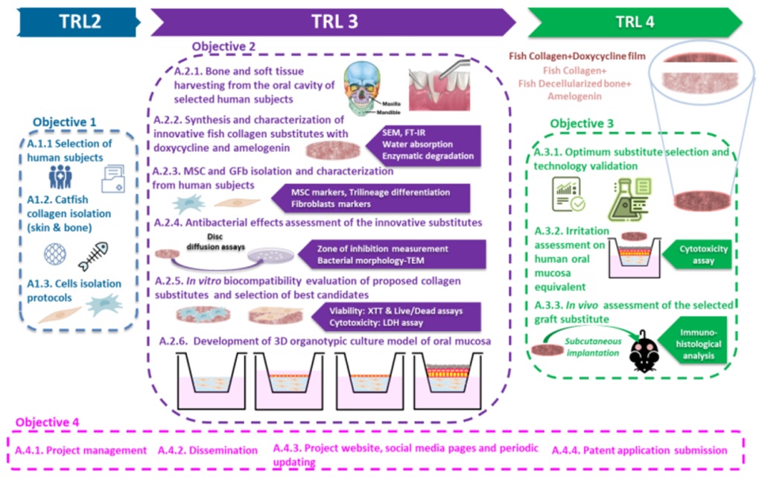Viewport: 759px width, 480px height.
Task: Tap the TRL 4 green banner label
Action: [635, 22]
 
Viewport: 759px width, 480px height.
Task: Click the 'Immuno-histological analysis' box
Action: [704, 344]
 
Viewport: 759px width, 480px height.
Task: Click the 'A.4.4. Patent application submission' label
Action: [639, 450]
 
